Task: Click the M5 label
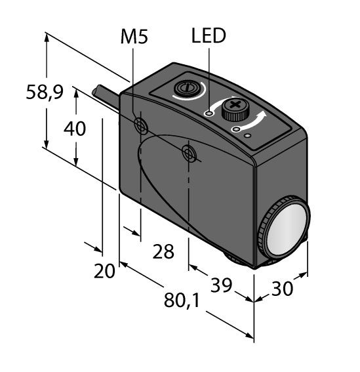(134, 37)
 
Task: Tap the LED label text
(208, 36)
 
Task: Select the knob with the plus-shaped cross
(233, 108)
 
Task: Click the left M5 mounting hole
(139, 125)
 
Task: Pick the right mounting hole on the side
(189, 154)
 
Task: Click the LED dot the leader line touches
(209, 114)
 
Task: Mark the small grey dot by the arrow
(248, 136)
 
